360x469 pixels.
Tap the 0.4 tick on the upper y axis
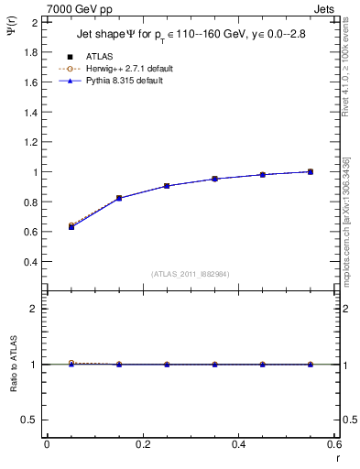pos(33,261)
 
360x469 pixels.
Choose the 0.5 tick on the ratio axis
pos(33,420)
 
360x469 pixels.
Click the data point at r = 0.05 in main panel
pos(71,226)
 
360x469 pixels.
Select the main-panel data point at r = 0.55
pos(311,171)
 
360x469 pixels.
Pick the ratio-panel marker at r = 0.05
pos(71,364)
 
